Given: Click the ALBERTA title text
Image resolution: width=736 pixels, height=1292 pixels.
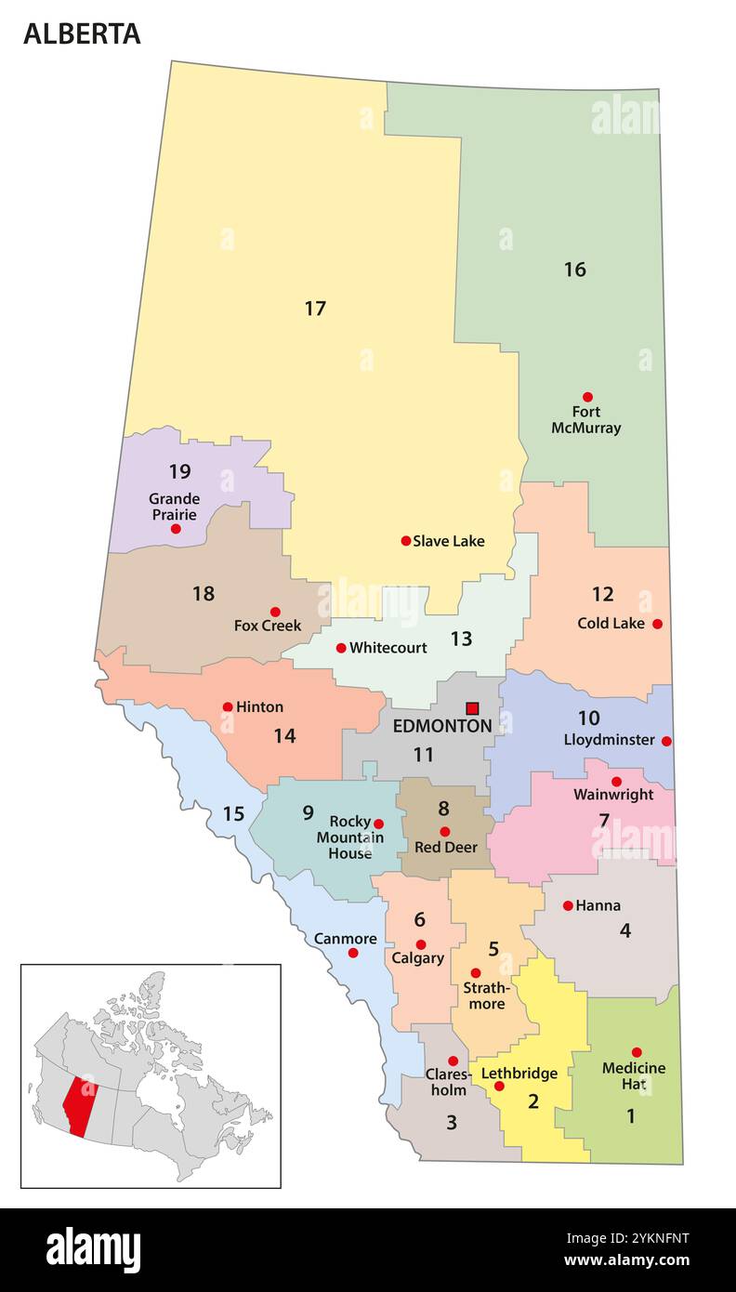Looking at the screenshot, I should click(x=82, y=33).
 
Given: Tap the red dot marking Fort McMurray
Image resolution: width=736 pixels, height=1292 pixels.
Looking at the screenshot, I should click(x=587, y=397).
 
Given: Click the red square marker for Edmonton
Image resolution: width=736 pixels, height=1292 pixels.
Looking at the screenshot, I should click(x=472, y=708).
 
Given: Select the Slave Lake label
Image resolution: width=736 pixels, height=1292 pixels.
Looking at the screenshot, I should click(x=448, y=541).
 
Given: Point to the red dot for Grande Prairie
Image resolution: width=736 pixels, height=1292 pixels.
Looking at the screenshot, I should click(x=176, y=529).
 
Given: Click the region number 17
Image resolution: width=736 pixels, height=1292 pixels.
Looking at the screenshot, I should click(x=315, y=309).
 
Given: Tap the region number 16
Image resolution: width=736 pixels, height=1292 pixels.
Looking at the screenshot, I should click(x=574, y=270).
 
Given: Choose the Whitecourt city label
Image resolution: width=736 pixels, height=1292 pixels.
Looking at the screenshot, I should click(x=388, y=648).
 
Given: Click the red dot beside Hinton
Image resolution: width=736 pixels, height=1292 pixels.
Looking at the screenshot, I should click(x=228, y=706).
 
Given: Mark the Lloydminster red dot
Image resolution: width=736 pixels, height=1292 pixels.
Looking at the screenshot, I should click(x=666, y=741).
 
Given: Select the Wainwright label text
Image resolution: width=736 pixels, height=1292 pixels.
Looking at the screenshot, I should click(x=612, y=795).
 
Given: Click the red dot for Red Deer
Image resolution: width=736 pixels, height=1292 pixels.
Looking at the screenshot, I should click(x=444, y=832).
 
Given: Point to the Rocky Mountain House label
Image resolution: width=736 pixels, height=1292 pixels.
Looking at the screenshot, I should click(x=349, y=837).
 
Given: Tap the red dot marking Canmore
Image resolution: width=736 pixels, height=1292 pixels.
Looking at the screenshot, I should click(x=353, y=953).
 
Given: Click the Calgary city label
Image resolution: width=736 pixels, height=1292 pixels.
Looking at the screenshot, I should click(x=417, y=958).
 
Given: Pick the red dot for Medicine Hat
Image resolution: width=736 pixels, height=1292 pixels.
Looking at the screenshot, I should click(x=637, y=1052).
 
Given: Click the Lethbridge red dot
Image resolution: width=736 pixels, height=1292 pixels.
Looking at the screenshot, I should click(x=499, y=1086).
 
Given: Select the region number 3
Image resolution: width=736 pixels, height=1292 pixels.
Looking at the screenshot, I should click(x=452, y=1123).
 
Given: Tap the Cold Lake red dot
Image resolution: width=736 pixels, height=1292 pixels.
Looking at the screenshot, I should click(x=657, y=624).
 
